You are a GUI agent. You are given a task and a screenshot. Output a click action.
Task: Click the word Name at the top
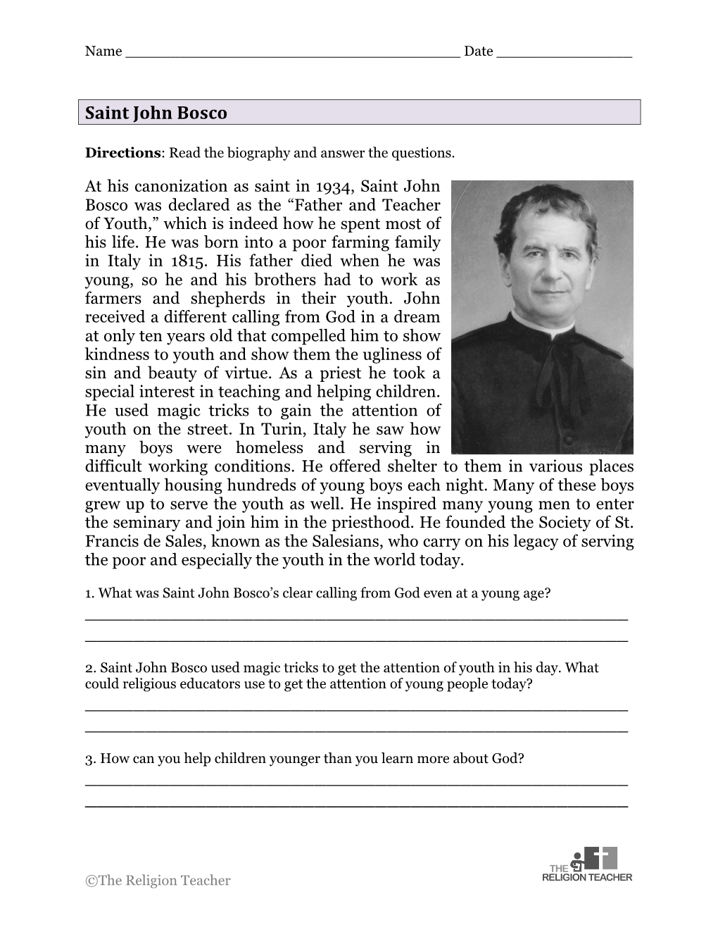pyautogui.click(x=103, y=51)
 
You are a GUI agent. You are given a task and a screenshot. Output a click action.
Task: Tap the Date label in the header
pyautogui.click(x=478, y=51)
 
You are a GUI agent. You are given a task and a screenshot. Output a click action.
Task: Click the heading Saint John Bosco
pyautogui.click(x=156, y=113)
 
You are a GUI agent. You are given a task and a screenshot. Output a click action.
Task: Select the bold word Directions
pyautogui.click(x=122, y=153)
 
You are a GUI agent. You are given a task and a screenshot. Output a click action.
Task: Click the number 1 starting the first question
pyautogui.click(x=89, y=593)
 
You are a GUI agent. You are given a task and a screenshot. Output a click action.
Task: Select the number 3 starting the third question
pyautogui.click(x=89, y=759)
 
